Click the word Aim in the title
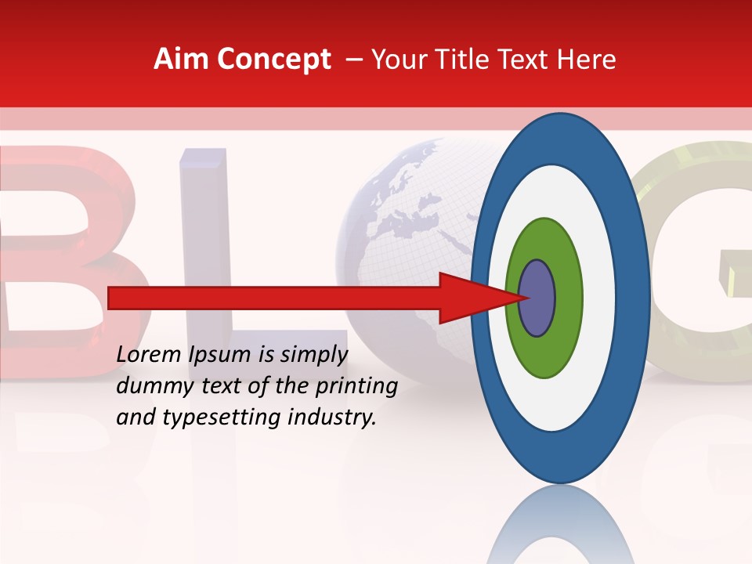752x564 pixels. point(181,60)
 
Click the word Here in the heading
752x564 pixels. point(587,60)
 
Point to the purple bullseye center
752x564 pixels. point(537,298)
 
